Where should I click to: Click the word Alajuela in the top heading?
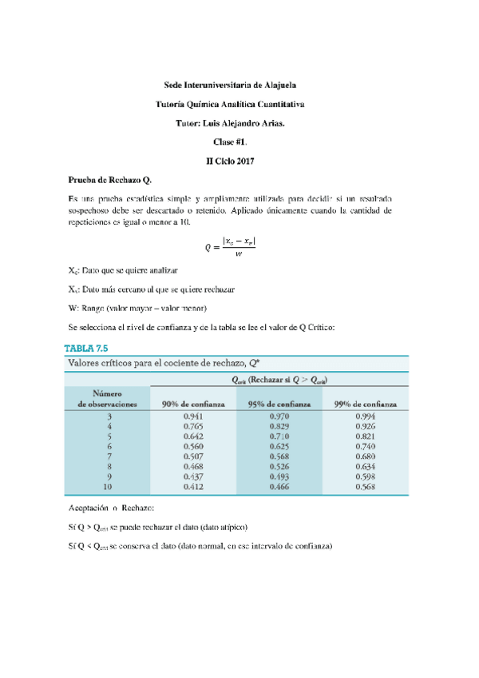coord(275,84)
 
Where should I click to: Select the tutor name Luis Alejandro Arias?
coord(240,123)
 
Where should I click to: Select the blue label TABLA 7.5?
coord(85,348)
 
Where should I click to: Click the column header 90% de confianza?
coord(193,405)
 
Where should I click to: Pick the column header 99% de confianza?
coord(365,405)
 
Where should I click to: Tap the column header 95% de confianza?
coord(279,405)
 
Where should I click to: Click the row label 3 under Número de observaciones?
coord(109,417)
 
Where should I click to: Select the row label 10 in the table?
coord(109,486)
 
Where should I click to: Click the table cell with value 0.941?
coord(193,417)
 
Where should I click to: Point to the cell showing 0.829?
coord(279,427)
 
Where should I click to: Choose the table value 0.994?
coord(365,417)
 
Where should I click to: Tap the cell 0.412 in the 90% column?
coord(193,486)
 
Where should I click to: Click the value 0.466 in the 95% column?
coord(279,486)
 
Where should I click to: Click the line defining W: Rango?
coord(138,309)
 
